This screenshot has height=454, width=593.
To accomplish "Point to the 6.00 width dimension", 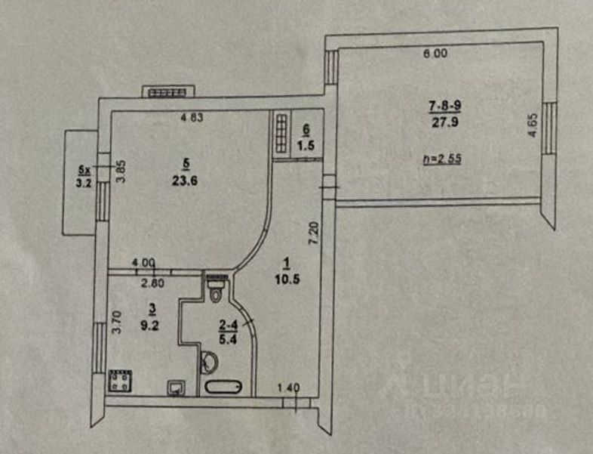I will (435, 54).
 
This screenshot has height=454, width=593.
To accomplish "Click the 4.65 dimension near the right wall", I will (533, 124).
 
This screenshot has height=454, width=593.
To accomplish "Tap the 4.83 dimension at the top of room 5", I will (193, 117).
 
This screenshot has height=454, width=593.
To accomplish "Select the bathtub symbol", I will (223, 388).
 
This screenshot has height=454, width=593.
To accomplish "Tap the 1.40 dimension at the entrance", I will (288, 388).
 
